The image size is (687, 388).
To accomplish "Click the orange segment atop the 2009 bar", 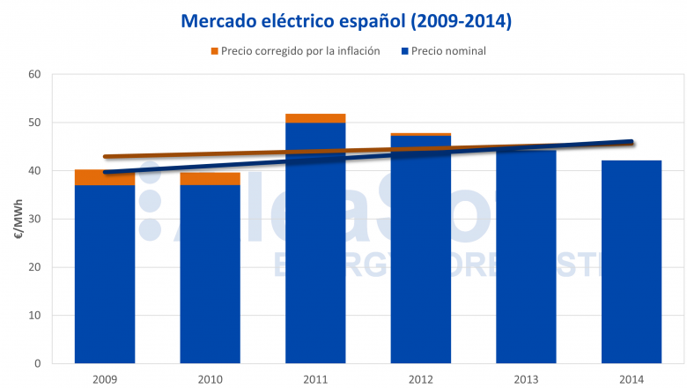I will click(x=105, y=177).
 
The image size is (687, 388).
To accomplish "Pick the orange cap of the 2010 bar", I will click(x=211, y=179).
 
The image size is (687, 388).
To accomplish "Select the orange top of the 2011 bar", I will click(x=315, y=118).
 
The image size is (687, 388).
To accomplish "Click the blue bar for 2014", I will click(x=631, y=265).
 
